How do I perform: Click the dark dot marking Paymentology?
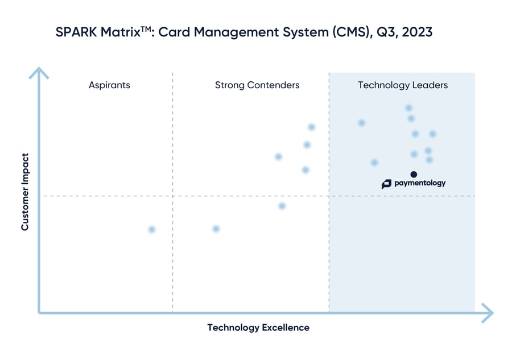pos(414,174)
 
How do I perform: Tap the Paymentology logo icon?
pos(386,184)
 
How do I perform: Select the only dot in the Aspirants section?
pos(151,230)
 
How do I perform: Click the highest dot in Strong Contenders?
pos(311,127)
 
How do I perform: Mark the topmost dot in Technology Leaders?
pos(408,108)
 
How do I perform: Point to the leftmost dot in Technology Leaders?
pos(361,123)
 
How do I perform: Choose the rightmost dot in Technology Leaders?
pos(432,134)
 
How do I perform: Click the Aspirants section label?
pos(109,85)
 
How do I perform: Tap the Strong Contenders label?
pos(257,85)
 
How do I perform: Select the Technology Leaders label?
pos(403,85)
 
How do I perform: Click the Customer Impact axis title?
pos(25,191)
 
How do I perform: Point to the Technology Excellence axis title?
pos(258,328)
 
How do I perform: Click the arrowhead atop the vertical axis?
pos(39,72)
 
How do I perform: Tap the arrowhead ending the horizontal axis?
pos(488,312)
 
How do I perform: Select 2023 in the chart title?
pos(416,32)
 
